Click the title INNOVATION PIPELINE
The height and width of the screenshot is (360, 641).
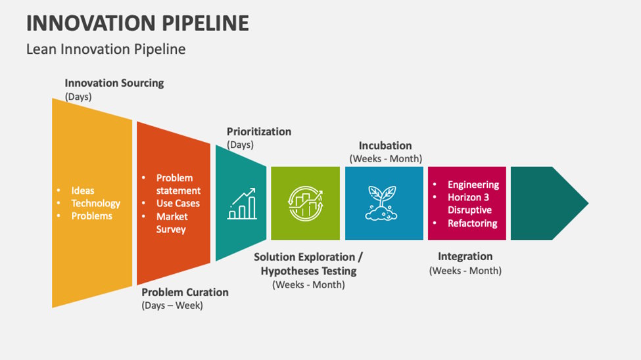tap(137, 22)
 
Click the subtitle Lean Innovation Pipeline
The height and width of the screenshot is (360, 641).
tap(106, 49)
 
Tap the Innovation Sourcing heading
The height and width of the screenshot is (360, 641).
tap(114, 83)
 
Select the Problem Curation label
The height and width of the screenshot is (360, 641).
tap(185, 292)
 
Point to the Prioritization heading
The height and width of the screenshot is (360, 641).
tap(258, 131)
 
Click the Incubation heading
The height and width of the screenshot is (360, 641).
tap(385, 146)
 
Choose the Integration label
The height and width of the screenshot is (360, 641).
tap(465, 256)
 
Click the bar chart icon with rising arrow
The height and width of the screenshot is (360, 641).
tap(241, 204)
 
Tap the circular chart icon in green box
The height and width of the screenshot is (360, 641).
tap(305, 203)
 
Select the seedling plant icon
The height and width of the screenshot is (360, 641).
tap(383, 203)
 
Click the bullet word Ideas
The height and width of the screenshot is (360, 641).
tap(83, 191)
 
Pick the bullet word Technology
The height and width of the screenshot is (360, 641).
tap(95, 204)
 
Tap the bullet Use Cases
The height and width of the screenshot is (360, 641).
tap(178, 204)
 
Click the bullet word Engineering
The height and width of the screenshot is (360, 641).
tap(473, 185)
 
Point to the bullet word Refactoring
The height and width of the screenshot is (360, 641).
tap(472, 223)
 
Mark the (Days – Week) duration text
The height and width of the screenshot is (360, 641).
tap(172, 305)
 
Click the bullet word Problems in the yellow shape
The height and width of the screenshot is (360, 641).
tap(91, 216)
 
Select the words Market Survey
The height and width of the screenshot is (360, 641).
tap(172, 223)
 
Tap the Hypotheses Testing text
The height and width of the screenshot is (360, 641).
tap(308, 271)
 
